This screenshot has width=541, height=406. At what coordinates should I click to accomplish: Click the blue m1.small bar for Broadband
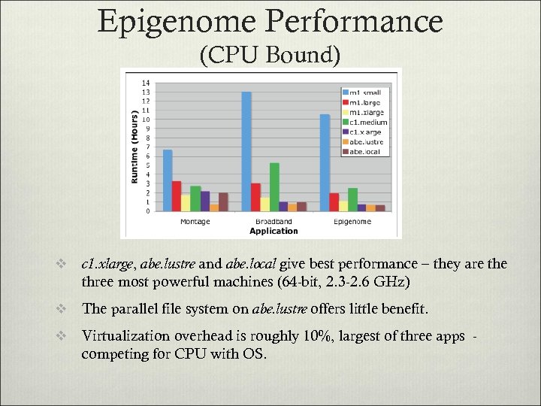coord(246,151)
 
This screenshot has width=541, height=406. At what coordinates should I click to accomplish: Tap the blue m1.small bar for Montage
coord(168,180)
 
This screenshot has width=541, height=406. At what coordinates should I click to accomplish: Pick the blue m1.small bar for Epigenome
coord(325,162)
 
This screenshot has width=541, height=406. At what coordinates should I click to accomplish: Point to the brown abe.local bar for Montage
coord(223,201)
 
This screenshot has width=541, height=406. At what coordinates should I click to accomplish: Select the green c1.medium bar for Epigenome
coord(352,199)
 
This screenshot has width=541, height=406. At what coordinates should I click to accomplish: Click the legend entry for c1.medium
coord(364,122)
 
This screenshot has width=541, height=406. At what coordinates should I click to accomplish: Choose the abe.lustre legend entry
coord(364,141)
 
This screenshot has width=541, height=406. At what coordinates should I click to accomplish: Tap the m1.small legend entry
coord(364,92)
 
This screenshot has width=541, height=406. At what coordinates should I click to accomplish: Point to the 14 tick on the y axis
coord(146,83)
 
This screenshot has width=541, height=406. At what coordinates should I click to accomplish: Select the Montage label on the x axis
coord(195,222)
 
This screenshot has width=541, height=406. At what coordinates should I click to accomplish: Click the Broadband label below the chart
coord(274,222)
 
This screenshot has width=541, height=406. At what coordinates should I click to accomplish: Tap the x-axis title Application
coord(274,231)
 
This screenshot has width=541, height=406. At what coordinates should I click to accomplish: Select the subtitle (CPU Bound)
coord(270,55)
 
